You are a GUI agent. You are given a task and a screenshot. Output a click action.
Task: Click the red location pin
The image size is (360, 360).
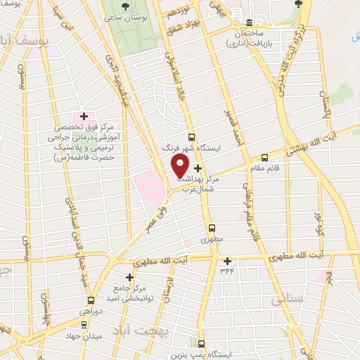(180, 166)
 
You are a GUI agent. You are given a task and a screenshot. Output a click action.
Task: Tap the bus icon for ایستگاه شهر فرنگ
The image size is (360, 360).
(191, 137)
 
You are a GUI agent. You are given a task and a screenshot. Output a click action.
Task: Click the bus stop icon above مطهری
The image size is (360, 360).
(212, 228)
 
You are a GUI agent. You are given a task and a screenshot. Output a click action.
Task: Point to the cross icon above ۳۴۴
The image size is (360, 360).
(227, 261)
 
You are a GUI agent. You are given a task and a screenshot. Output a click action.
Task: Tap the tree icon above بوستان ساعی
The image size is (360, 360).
(125, 6)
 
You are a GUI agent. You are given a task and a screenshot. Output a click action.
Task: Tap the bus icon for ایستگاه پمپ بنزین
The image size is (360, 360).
(202, 345)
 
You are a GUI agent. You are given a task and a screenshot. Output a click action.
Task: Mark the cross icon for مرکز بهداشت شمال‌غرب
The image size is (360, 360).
(198, 168)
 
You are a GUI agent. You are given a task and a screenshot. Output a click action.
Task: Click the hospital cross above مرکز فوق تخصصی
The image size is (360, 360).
(84, 116)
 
